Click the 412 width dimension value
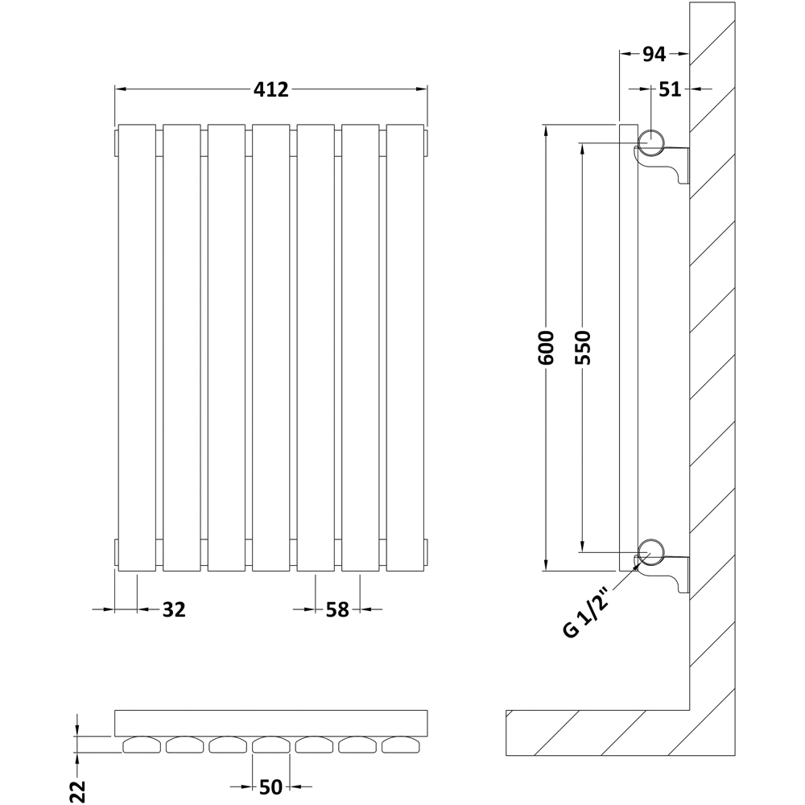coord(271,90)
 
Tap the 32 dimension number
coord(174,610)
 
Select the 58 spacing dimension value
coord(337,610)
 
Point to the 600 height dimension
coord(547,348)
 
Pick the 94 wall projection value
coord(654,55)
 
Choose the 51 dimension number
coord(670,89)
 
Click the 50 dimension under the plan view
coord(270,786)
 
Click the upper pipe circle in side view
coord(650,143)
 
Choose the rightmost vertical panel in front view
coord(405,348)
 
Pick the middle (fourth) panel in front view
coord(271,348)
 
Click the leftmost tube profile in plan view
coord(142,745)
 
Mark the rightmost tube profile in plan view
coord(401,745)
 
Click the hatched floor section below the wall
coord(596,733)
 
